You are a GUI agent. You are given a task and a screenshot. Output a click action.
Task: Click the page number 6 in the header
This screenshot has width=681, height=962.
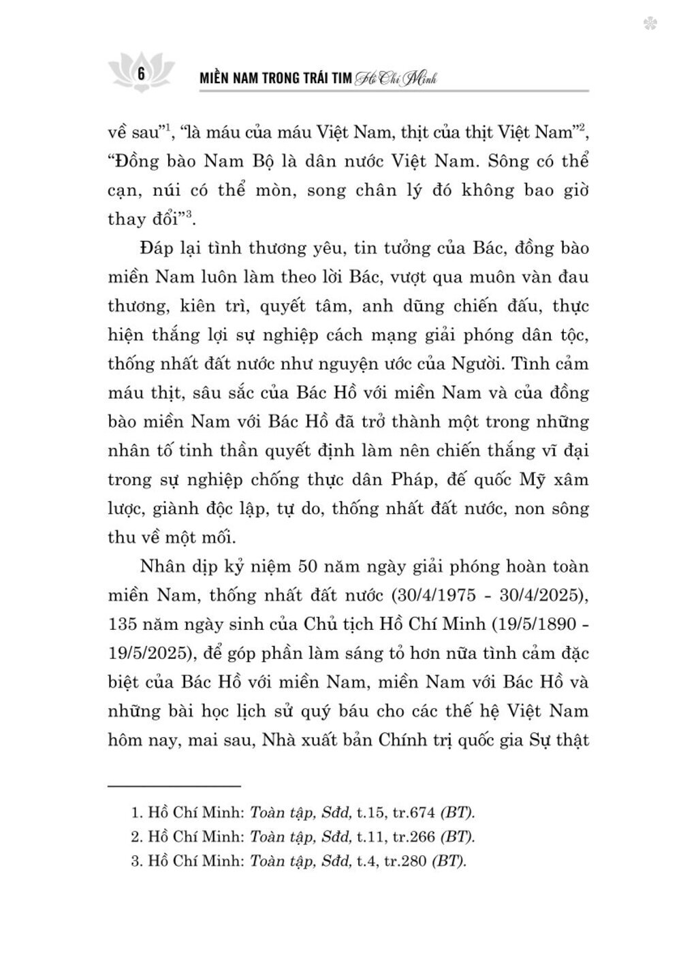tap(141, 74)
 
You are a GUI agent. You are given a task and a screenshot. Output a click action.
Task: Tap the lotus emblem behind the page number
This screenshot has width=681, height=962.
tap(142, 68)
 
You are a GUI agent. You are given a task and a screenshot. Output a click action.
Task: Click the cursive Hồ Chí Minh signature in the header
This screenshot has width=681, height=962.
tap(394, 79)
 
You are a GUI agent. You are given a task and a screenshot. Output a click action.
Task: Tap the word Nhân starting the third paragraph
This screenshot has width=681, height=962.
tap(161, 566)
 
